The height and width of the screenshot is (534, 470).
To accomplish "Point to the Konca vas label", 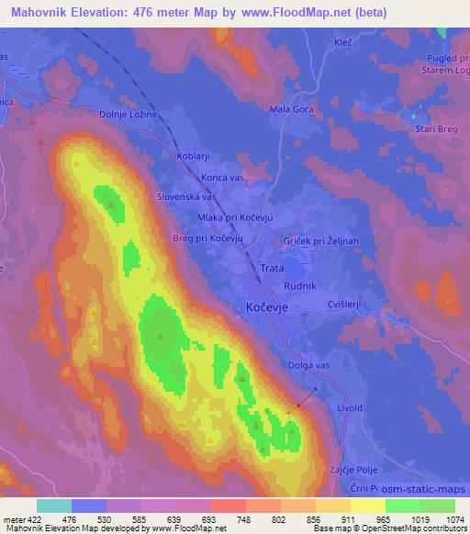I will pos(227,176).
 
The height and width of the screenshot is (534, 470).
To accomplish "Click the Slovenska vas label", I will pos(186,196).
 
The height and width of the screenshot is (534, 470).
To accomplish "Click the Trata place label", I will pos(272,268).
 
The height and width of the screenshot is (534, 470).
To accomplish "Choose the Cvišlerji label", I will pos(347,304).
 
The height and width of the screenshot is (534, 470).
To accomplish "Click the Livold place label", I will pos(351,407).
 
